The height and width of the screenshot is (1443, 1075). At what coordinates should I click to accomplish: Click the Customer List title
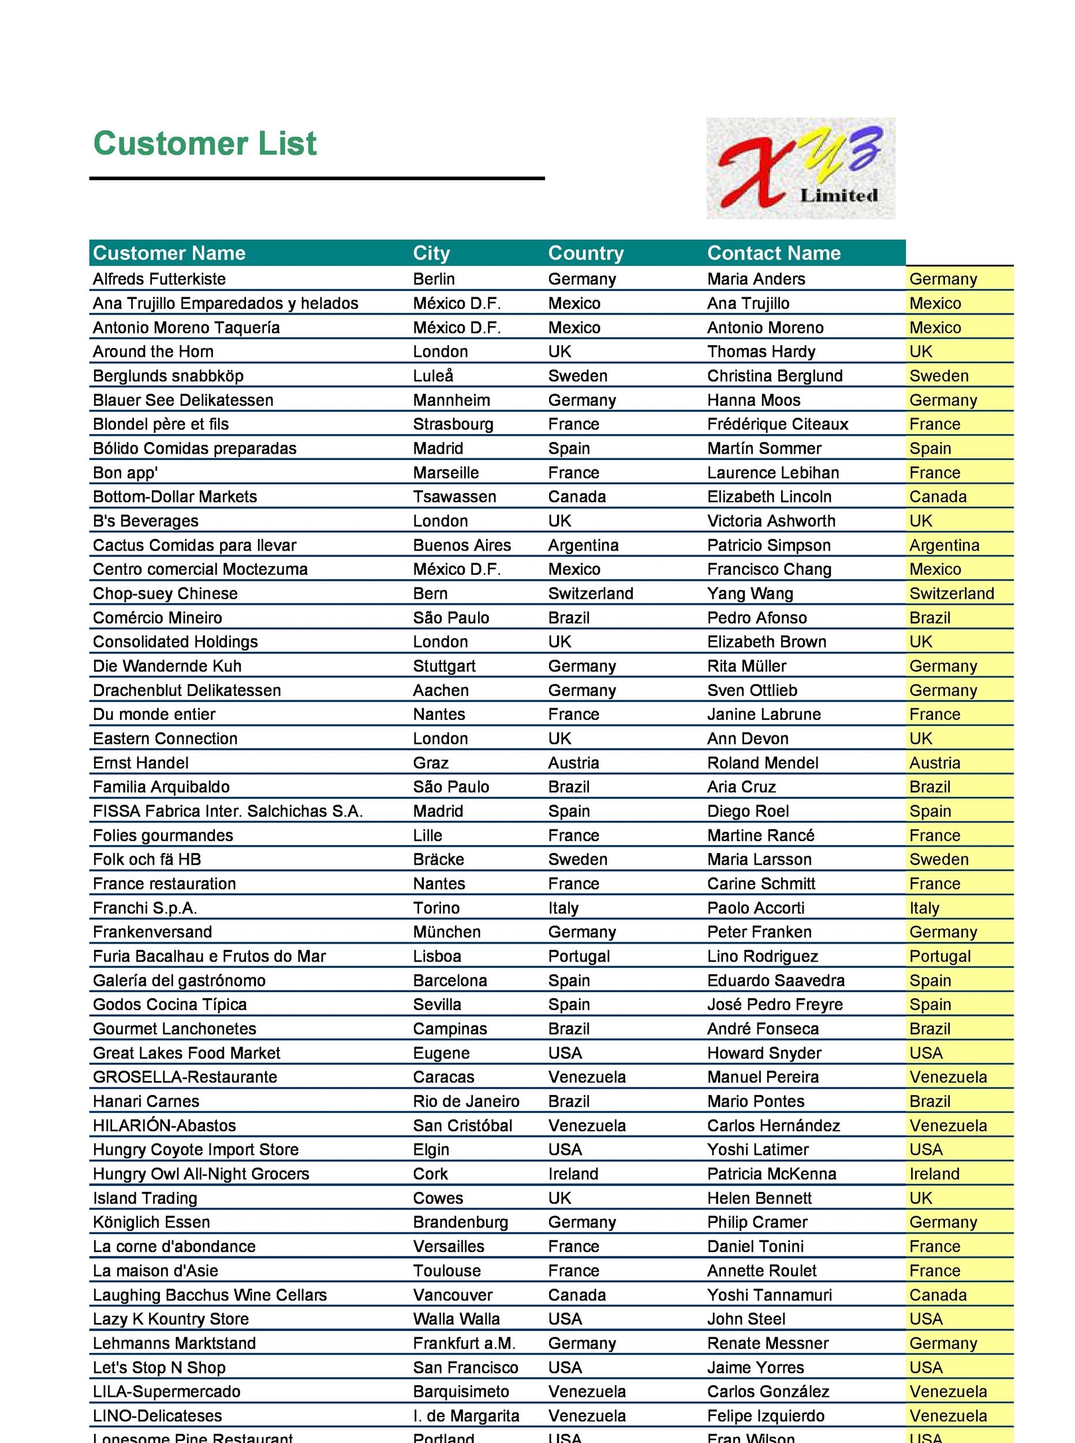204,143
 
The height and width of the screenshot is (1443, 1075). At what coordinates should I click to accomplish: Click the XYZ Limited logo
800,168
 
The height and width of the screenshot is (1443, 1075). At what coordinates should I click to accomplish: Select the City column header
431,253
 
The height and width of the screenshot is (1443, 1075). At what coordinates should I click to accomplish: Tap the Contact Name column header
773,253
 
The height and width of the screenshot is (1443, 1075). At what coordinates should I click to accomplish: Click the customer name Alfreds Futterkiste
159,279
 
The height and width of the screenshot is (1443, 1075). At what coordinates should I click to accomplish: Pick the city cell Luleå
433,376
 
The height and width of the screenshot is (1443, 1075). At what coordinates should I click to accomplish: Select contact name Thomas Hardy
761,352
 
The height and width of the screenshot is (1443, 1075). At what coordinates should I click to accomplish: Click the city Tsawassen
454,497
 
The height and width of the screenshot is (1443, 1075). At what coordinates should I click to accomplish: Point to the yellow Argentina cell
943,545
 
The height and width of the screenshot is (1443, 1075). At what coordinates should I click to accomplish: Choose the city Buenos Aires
461,545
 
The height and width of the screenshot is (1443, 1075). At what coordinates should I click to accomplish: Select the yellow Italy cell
924,907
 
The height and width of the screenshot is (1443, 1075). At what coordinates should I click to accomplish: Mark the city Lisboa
436,956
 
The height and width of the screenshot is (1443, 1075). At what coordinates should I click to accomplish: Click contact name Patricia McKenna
771,1173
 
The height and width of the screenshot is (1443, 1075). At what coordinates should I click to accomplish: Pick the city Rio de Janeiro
466,1101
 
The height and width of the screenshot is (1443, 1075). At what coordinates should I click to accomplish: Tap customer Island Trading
144,1198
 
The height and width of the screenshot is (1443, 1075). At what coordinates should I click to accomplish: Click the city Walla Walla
456,1319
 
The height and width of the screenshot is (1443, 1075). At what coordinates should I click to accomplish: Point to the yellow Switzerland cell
951,593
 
